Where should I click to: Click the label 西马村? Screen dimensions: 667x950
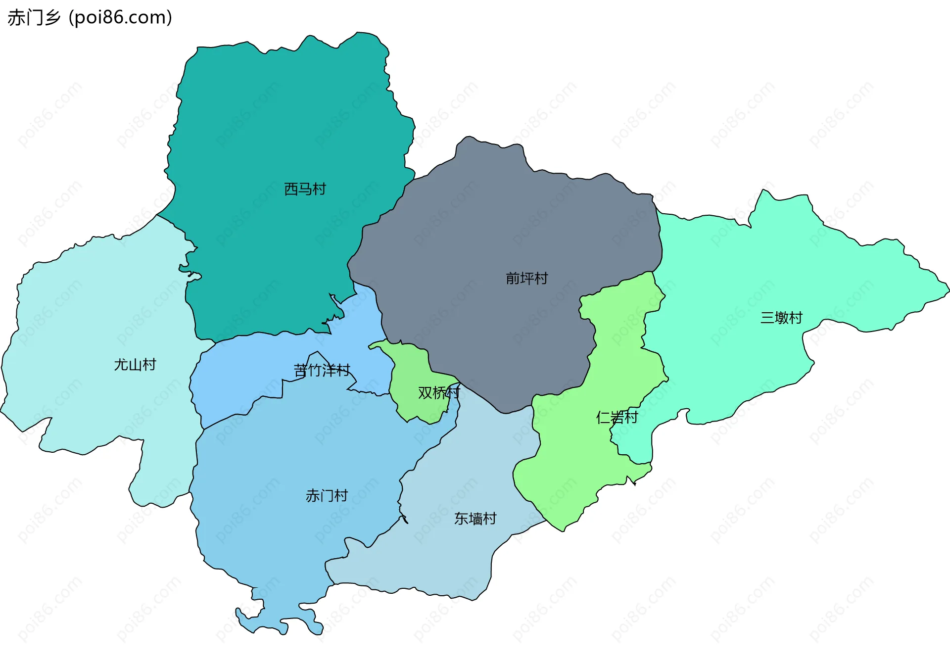click(305, 189)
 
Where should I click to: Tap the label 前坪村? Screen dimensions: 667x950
click(526, 279)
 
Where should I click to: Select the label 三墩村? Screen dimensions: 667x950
click(781, 318)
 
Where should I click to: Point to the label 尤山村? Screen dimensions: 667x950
click(135, 365)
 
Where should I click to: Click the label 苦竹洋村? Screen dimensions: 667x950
click(322, 370)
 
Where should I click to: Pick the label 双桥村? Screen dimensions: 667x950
click(439, 393)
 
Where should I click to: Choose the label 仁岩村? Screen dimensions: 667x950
click(617, 418)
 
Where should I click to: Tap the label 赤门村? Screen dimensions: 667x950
click(327, 495)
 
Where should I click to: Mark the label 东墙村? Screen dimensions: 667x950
click(475, 519)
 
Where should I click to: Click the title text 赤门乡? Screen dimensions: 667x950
click(34, 18)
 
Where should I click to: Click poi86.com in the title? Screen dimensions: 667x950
click(120, 18)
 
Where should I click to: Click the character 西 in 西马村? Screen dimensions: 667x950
click(291, 189)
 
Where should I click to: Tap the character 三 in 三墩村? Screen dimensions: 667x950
click(767, 318)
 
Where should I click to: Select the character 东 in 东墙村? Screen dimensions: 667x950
click(461, 519)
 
